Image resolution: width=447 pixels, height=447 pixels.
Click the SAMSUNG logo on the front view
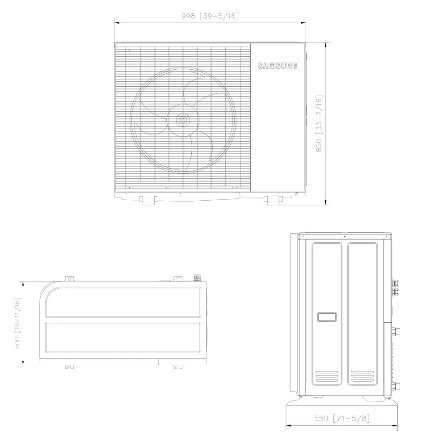[278, 66]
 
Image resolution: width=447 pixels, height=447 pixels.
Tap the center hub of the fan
[182, 120]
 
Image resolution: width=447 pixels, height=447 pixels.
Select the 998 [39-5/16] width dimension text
[210, 16]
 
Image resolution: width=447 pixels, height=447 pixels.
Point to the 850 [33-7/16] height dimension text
[319, 124]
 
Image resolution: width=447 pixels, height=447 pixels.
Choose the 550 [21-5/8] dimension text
[342, 418]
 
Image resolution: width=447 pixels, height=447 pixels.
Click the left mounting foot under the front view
[148, 200]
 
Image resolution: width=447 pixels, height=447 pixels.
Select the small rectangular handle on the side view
[327, 317]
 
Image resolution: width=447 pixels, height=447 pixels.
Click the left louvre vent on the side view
[327, 378]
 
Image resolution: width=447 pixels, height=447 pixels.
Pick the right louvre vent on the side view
[363, 378]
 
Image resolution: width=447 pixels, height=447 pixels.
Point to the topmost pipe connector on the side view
[396, 283]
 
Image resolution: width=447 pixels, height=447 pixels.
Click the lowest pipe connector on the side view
[396, 385]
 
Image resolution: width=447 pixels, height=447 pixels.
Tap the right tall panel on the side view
[363, 313]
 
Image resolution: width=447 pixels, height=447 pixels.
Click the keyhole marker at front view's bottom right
[296, 194]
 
